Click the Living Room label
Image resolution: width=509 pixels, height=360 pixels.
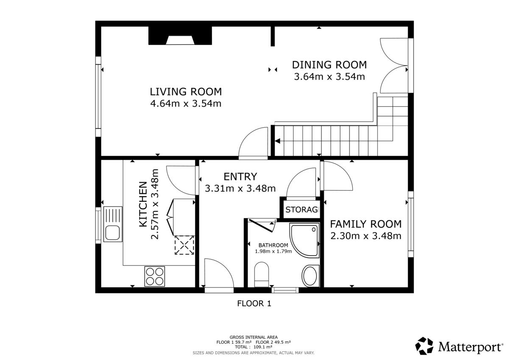pyautogui.click(x=186, y=92)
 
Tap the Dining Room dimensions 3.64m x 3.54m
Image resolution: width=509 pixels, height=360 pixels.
pyautogui.click(x=329, y=77)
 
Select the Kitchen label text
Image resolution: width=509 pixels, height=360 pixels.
pyautogui.click(x=143, y=204)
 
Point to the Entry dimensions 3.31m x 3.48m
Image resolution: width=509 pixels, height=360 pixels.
pyautogui.click(x=240, y=189)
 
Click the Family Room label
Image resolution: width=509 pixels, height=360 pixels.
pyautogui.click(x=366, y=224)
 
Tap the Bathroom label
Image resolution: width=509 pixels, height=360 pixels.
pyautogui.click(x=273, y=245)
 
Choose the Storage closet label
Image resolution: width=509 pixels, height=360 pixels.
pyautogui.click(x=302, y=209)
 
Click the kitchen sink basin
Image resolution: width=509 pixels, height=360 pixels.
pyautogui.click(x=112, y=233)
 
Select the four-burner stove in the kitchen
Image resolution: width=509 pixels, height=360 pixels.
pyautogui.click(x=154, y=276)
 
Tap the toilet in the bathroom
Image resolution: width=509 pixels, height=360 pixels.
pyautogui.click(x=262, y=274)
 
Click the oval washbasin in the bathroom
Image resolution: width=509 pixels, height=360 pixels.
pyautogui.click(x=310, y=276)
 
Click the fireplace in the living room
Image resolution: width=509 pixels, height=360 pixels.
pyautogui.click(x=180, y=36)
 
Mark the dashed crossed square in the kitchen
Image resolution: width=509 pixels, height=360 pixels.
pyautogui.click(x=184, y=245)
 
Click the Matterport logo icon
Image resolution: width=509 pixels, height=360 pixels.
pyautogui.click(x=424, y=346)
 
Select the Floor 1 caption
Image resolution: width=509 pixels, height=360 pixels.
pyautogui.click(x=254, y=304)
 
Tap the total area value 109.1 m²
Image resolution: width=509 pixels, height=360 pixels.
pyautogui.click(x=262, y=347)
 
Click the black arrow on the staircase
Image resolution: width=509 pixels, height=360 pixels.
pyautogui.click(x=277, y=141)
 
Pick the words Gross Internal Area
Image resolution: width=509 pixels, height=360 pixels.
pyautogui.click(x=254, y=337)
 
